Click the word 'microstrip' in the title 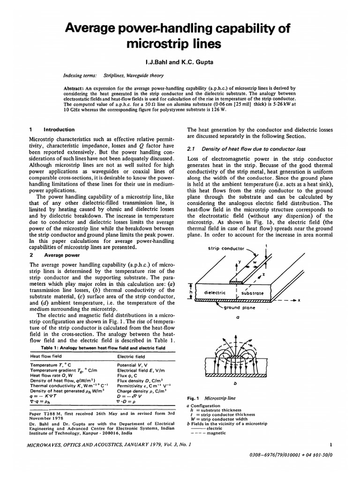[149, 45]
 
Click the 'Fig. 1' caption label [193, 398]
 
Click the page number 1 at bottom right [330, 444]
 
